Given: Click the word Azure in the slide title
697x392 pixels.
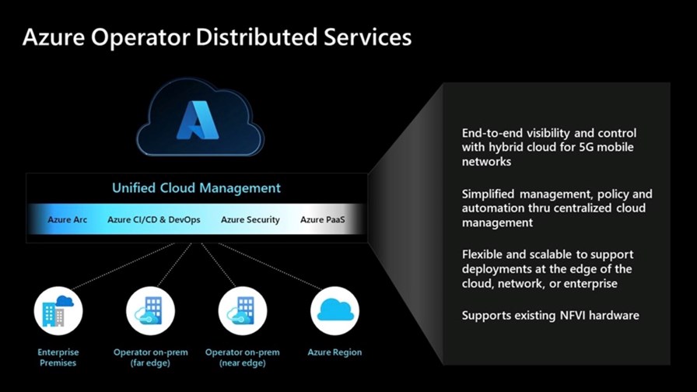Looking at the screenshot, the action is [54, 37].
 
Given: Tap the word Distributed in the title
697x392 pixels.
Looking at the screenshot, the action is [257, 37].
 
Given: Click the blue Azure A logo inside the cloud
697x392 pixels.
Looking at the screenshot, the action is [198, 121].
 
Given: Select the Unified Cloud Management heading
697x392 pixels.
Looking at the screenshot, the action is [196, 188].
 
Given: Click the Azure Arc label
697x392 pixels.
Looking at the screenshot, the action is [67, 219].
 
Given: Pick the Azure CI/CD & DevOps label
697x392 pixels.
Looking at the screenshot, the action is [154, 219].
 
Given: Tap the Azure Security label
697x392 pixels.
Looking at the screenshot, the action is [250, 219].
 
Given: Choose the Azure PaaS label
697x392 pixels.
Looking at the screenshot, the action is [322, 219].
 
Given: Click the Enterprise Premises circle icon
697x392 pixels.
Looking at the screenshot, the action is [58, 310].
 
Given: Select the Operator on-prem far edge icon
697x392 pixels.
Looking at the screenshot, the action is [150, 310].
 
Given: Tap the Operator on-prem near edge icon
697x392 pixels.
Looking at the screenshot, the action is [242, 310].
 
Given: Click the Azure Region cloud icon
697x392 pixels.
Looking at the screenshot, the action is [334, 310].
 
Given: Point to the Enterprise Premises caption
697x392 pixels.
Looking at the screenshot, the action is [58, 357].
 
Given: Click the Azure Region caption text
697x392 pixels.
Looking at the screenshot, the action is [334, 352].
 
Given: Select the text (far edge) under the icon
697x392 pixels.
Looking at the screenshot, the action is [150, 362].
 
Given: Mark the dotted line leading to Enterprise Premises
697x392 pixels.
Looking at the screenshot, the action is [123, 266].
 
